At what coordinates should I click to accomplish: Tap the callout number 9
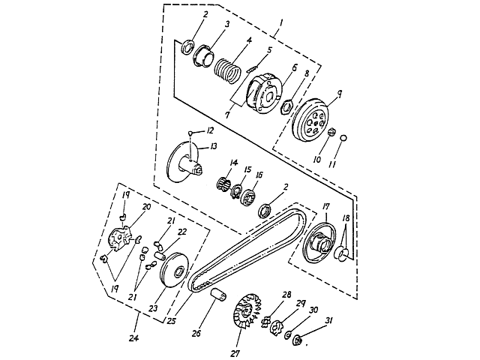tap(340, 94)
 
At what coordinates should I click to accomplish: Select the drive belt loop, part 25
tap(247, 247)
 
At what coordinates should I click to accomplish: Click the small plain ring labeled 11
tap(343, 138)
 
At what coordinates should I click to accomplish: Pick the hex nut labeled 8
tap(286, 106)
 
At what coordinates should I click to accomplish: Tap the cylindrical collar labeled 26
tap(218, 295)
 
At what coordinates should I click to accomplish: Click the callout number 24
tap(133, 338)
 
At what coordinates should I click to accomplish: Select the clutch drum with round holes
tap(310, 120)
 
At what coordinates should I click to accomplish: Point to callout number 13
tap(213, 146)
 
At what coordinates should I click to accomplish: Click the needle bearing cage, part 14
tap(224, 183)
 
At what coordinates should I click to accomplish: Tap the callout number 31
tap(328, 321)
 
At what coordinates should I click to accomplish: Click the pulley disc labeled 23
tap(175, 270)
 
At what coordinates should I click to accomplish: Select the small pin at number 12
tap(190, 133)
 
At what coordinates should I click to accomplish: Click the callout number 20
tap(147, 207)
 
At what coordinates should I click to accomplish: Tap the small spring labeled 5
tap(252, 70)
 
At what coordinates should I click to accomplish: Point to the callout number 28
tap(286, 295)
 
